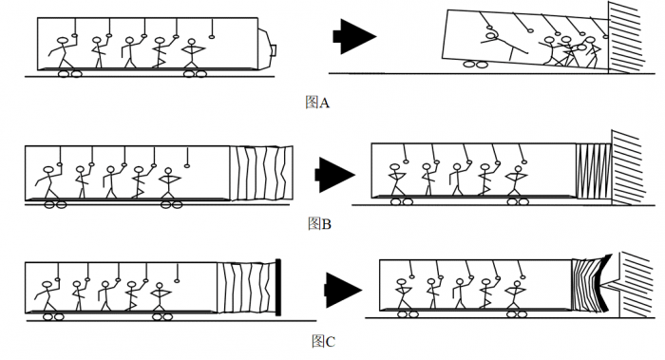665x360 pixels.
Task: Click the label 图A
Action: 316,103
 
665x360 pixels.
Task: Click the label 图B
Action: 319,223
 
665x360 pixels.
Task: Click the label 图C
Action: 323,341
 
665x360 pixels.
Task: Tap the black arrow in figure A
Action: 354,36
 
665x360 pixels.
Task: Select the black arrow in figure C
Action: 344,290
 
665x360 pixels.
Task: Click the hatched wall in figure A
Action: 626,37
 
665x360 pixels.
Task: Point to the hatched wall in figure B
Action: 629,168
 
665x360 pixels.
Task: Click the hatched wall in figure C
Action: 636,285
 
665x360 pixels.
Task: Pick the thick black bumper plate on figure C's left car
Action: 278,287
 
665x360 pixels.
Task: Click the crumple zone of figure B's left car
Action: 261,173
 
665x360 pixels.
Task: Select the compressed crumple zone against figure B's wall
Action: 594,171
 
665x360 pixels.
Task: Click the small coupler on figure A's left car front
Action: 274,49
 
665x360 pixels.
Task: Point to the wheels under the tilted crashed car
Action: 475,64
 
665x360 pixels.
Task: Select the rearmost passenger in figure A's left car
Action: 63,52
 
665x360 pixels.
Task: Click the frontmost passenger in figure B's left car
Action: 169,182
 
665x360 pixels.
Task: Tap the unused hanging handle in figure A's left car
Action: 212,28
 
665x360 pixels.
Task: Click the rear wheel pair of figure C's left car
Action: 53,316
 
